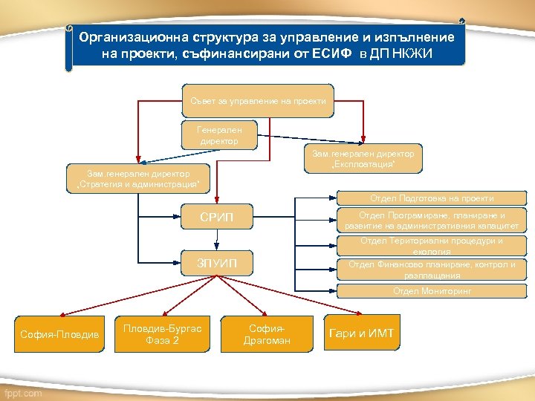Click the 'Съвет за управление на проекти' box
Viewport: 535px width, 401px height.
point(258,101)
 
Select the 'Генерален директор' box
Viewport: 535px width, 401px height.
point(220,134)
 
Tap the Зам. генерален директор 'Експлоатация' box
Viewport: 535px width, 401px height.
point(363,158)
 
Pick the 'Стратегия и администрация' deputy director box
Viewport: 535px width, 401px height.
point(137,178)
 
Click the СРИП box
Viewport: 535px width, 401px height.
point(217,217)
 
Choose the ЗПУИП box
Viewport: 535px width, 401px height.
point(217,262)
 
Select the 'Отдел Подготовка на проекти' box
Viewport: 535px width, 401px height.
point(431,198)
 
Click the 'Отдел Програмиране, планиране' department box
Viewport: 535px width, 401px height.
point(431,221)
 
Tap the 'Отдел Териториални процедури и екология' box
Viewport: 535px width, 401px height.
point(431,246)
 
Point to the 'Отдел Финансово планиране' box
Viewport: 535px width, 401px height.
point(431,270)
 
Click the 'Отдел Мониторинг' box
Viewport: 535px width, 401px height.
point(431,291)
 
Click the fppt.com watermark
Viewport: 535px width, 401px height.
point(22,393)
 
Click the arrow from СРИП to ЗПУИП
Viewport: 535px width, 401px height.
point(217,239)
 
